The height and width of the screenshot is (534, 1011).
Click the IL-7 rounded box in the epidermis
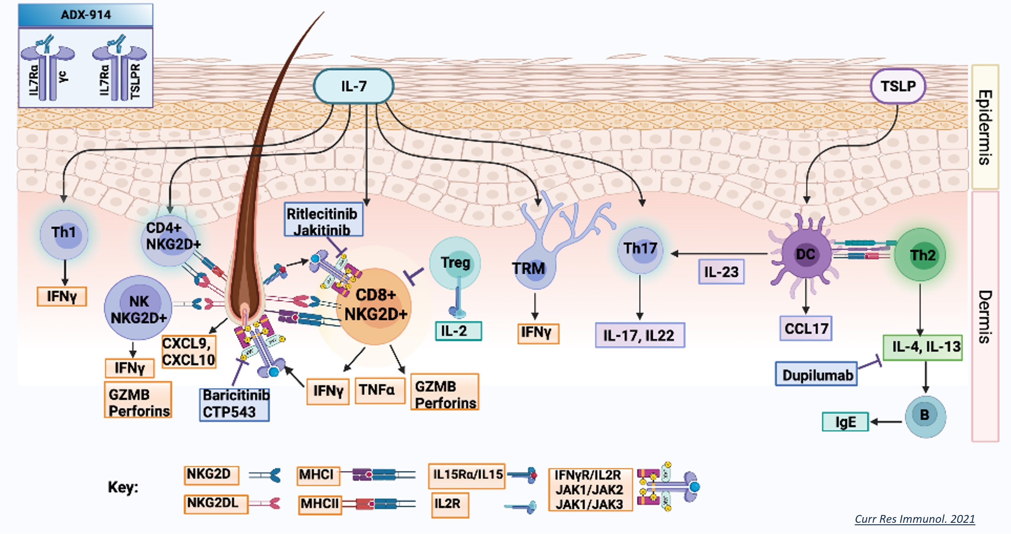pyautogui.click(x=353, y=86)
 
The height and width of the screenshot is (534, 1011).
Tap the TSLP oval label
pyautogui.click(x=898, y=86)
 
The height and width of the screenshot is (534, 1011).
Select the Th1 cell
pyautogui.click(x=64, y=234)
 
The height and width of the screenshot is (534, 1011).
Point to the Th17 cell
pyautogui.click(x=640, y=249)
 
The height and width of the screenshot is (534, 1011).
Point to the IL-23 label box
pyautogui.click(x=721, y=272)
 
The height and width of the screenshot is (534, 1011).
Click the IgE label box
pyautogui.click(x=845, y=422)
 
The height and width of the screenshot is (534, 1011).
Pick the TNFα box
pyautogui.click(x=380, y=390)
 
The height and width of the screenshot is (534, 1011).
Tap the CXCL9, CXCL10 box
pyautogui.click(x=189, y=351)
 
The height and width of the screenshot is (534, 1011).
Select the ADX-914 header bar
pyautogui.click(x=86, y=15)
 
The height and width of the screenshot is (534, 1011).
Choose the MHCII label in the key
pyautogui.click(x=319, y=504)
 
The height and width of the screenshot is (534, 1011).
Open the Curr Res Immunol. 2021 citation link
pyautogui.click(x=914, y=519)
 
